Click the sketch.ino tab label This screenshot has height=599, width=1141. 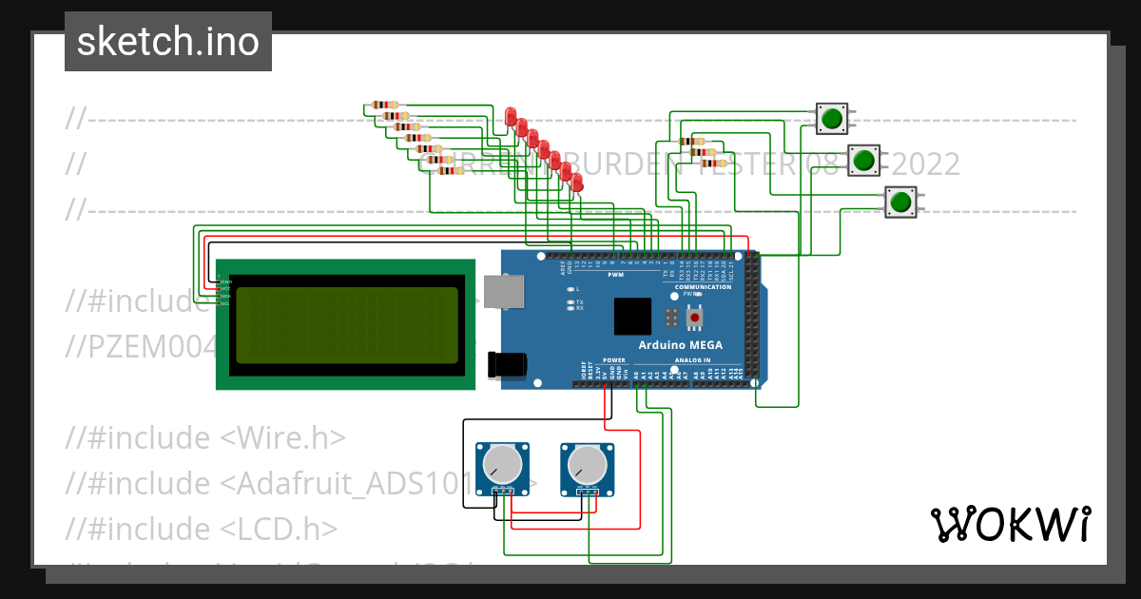[x=168, y=42]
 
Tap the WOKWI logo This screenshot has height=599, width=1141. [x=1010, y=524]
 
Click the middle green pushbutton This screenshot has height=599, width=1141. [x=863, y=160]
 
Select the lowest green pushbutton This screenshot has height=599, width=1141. [x=899, y=202]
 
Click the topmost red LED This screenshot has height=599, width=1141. [x=511, y=117]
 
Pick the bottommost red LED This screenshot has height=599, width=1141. [x=576, y=181]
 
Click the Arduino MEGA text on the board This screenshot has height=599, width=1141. [x=680, y=344]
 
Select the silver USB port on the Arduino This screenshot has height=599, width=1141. [x=503, y=292]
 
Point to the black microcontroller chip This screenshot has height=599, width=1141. [x=632, y=316]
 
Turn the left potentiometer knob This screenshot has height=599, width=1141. [x=501, y=465]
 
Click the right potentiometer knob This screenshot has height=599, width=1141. [x=587, y=465]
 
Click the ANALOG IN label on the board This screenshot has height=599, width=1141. [x=692, y=361]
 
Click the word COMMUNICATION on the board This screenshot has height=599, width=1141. [x=703, y=286]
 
